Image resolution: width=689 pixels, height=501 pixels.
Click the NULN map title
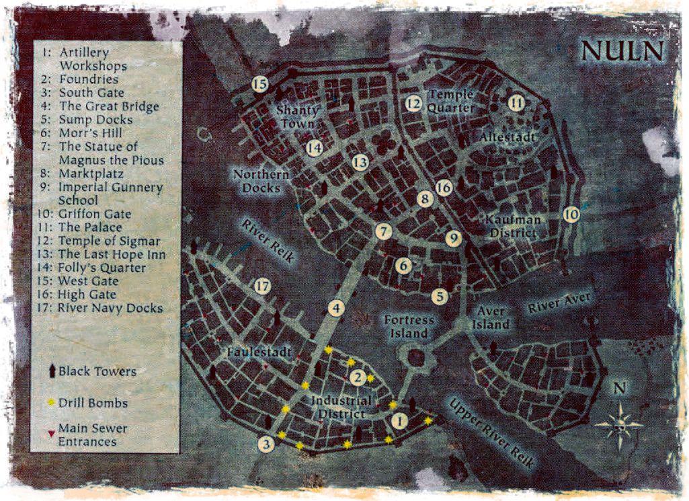click(x=622, y=51)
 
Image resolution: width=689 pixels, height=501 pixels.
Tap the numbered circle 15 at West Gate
click(x=260, y=84)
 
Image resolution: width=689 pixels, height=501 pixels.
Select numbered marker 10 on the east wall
click(x=571, y=215)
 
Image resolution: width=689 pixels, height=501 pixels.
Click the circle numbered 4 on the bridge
click(x=336, y=308)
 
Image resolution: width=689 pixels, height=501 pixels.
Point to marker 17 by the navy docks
click(x=263, y=287)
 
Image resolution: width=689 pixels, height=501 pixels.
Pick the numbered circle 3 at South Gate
click(x=267, y=444)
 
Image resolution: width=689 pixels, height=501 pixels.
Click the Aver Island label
click(x=492, y=318)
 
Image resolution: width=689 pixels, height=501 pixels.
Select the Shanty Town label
click(x=297, y=116)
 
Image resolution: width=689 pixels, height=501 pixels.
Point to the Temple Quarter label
click(x=451, y=101)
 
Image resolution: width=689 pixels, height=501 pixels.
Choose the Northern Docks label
click(x=261, y=181)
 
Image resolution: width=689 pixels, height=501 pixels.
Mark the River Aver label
click(x=559, y=302)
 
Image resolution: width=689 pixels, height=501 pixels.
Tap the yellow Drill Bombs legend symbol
click(x=50, y=403)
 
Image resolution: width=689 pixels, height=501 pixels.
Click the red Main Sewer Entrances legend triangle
click(x=50, y=434)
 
